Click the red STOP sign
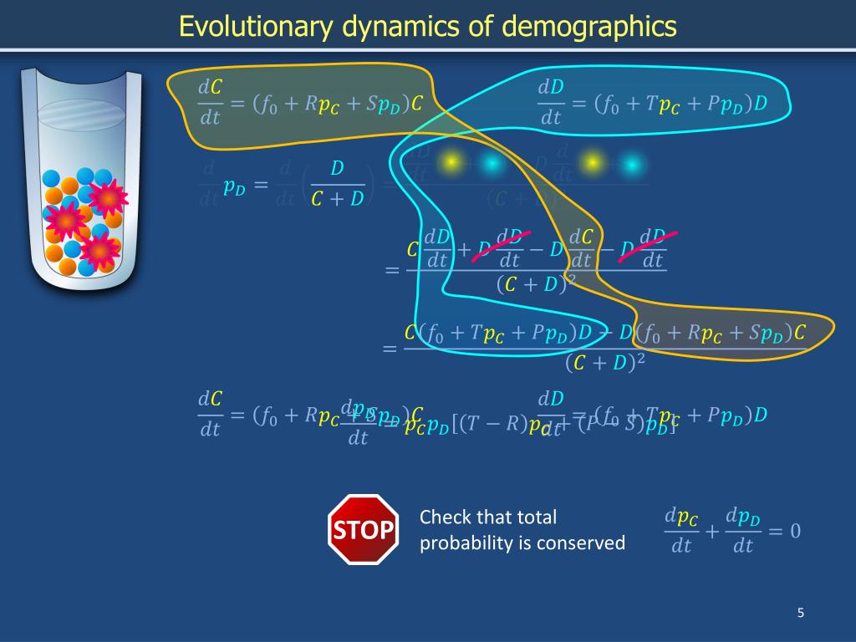(363, 529)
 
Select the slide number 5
(800, 614)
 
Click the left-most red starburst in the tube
(65, 222)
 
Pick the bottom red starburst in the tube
(99, 250)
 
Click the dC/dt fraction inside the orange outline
(209, 102)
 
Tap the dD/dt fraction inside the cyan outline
(550, 102)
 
